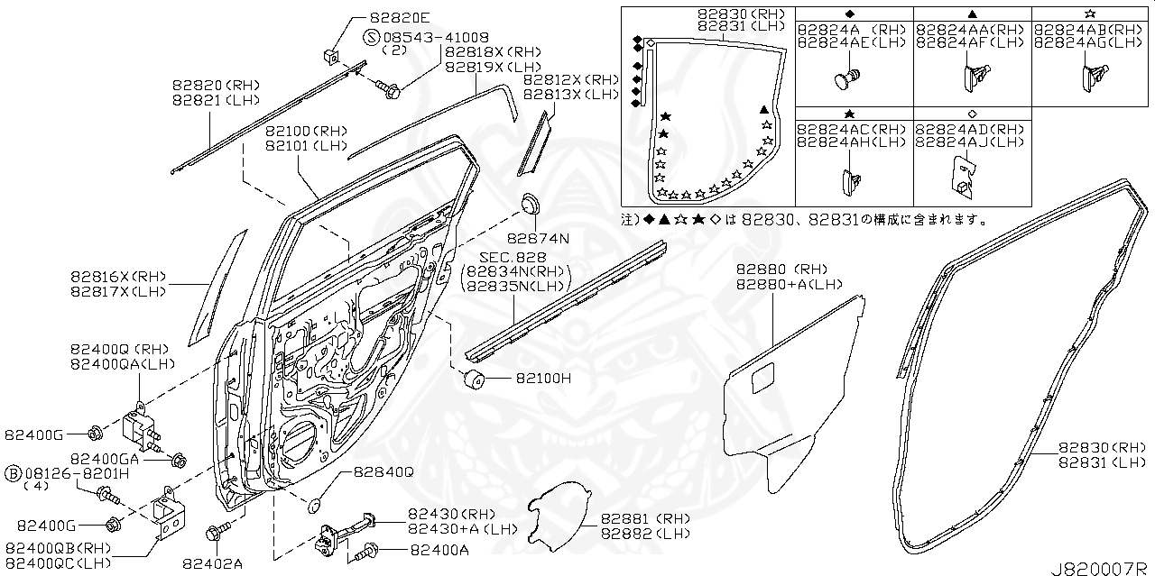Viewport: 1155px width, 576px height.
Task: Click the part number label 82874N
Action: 538,239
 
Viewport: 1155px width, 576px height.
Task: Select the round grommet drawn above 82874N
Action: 530,204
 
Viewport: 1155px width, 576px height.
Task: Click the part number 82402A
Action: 212,563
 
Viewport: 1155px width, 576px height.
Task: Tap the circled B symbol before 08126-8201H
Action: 14,473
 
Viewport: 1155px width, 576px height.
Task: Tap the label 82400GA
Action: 105,459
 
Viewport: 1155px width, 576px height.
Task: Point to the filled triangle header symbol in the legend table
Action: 972,13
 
